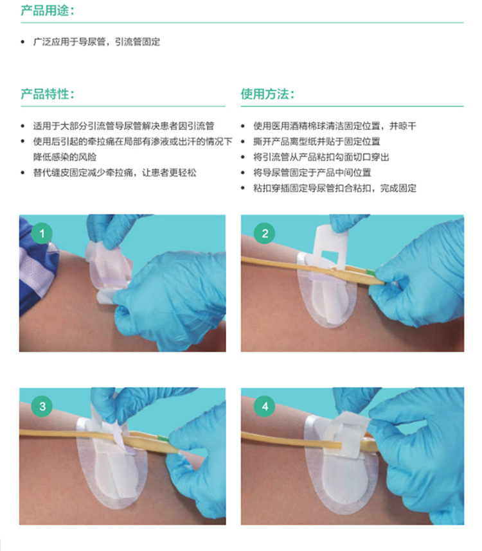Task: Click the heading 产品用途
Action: pyautogui.click(x=47, y=11)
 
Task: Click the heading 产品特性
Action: pyautogui.click(x=47, y=94)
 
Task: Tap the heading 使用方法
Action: pyautogui.click(x=267, y=94)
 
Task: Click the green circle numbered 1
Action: pyautogui.click(x=42, y=234)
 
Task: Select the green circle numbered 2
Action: pyautogui.click(x=264, y=234)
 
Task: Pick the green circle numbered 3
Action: pyautogui.click(x=42, y=407)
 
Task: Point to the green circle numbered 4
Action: pyautogui.click(x=264, y=407)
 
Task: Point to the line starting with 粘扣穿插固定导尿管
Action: pyautogui.click(x=335, y=188)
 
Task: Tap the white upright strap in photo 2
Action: pyautogui.click(x=330, y=244)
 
